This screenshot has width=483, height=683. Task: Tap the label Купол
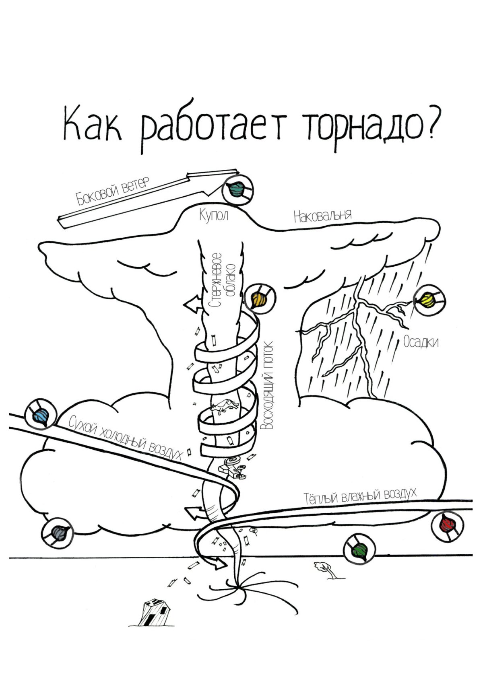pos(214,216)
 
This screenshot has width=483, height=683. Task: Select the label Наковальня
pos(322,216)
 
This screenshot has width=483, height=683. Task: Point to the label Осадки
pos(421,343)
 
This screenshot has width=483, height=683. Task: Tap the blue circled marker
pos(40,415)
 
